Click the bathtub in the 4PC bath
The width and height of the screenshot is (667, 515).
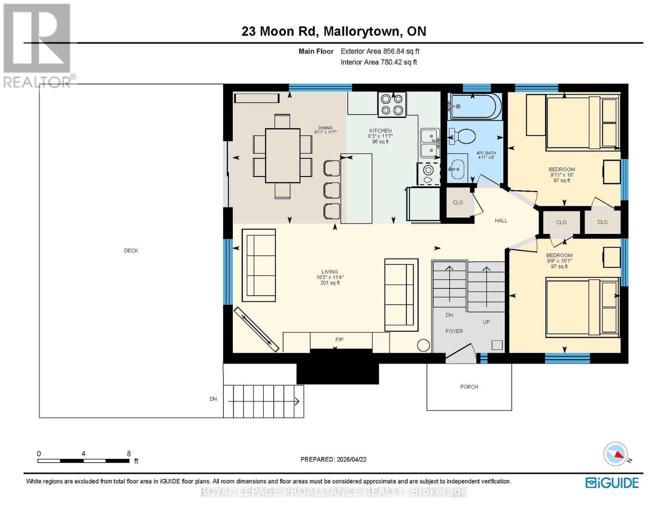tap(475, 106)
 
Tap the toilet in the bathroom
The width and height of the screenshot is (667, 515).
tap(463, 137)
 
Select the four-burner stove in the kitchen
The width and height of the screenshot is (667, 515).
tap(392, 104)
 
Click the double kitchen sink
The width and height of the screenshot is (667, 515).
tap(429, 143)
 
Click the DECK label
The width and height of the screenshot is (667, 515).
tap(131, 251)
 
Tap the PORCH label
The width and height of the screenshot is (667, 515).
tap(469, 387)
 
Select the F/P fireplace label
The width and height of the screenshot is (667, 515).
tap(339, 340)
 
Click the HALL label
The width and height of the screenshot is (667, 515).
tap(501, 221)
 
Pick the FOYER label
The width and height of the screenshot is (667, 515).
tap(454, 331)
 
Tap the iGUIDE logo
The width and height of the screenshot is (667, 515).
tap(612, 483)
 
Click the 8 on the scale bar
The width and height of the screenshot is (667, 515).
tap(128, 454)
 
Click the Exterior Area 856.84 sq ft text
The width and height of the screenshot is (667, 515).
tap(380, 51)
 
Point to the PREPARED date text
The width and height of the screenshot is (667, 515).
tap(333, 459)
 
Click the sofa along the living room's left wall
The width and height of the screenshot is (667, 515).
tap(259, 265)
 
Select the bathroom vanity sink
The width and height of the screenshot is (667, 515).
tap(457, 168)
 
